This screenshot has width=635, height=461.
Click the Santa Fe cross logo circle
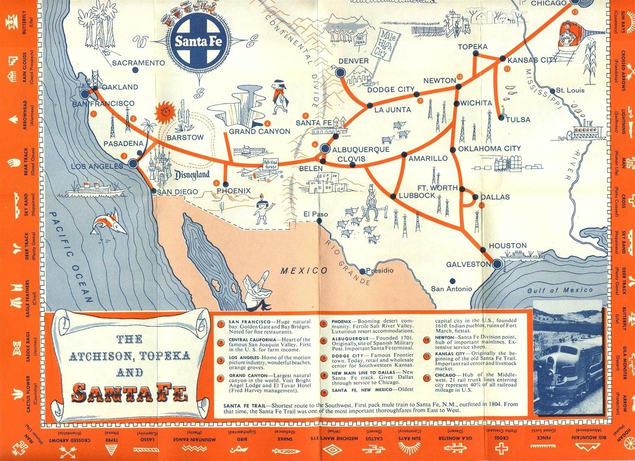click(x=199, y=41)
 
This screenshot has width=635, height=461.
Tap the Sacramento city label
click(x=138, y=63)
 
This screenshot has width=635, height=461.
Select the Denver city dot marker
click(x=340, y=73)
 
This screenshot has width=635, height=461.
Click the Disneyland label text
click(x=193, y=175)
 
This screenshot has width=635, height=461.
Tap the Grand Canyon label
click(x=260, y=132)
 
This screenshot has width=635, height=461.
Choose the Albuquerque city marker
click(x=325, y=148)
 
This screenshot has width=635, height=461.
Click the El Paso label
click(x=315, y=214)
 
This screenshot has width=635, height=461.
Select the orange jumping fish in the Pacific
click(x=109, y=223)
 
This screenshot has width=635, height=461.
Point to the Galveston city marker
click(x=497, y=264)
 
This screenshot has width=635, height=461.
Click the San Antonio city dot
click(x=453, y=280)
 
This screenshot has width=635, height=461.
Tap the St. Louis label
click(x=570, y=90)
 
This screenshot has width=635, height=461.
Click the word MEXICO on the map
click(x=304, y=270)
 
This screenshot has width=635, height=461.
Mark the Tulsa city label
click(x=518, y=120)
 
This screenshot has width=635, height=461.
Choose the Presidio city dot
click(x=362, y=272)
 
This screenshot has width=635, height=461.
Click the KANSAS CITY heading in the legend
click(x=450, y=353)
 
